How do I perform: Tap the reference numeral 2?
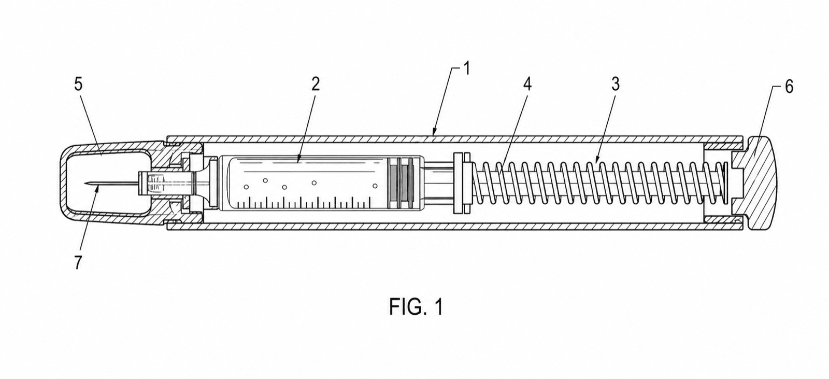315,85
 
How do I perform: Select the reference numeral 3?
615,85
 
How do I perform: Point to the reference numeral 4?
527,85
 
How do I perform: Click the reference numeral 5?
78,85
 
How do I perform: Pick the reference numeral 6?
789,87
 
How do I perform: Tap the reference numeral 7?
78,263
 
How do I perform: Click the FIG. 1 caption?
416,307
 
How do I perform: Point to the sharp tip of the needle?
85,183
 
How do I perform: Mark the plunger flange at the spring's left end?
462,183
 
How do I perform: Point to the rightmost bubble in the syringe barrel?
375,186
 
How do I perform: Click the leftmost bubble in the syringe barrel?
246,187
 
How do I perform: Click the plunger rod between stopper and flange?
438,184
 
